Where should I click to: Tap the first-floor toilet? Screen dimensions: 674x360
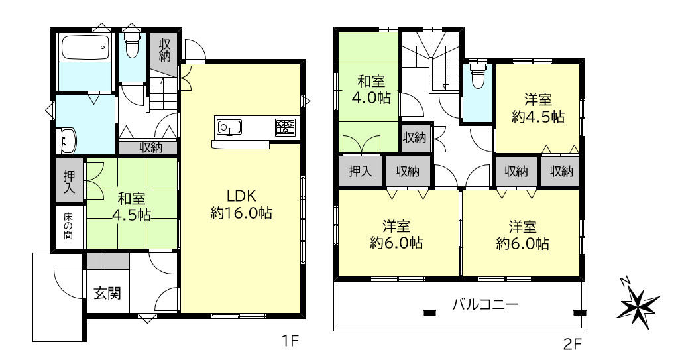click(131, 44)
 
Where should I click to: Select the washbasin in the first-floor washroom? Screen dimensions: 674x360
click(67, 141)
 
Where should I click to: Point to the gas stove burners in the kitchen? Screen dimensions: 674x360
click(286, 127)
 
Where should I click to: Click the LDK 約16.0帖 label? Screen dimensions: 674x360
click(241, 204)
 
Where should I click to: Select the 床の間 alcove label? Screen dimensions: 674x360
click(68, 226)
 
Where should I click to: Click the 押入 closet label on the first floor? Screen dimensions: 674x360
click(69, 181)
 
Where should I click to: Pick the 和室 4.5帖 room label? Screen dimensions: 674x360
click(131, 207)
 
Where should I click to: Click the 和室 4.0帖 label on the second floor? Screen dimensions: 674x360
click(371, 90)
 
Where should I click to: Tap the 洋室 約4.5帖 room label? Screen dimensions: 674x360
click(537, 108)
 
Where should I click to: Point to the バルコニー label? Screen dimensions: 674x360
click(485, 304)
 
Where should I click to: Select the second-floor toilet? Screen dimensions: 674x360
click(478, 76)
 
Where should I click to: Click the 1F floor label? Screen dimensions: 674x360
click(290, 341)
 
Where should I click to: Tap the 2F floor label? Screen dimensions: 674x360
click(573, 343)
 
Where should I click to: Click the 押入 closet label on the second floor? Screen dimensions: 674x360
click(360, 171)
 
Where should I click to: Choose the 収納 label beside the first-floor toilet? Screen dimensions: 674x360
click(164, 50)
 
